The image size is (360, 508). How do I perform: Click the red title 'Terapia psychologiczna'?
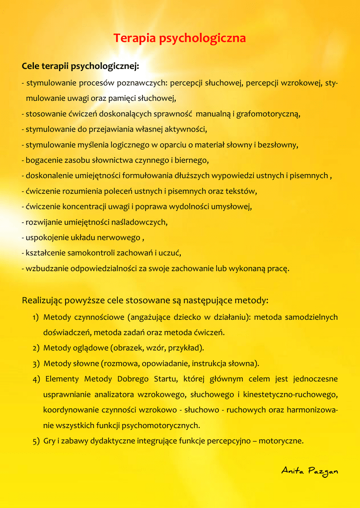pyautogui.click(x=180, y=38)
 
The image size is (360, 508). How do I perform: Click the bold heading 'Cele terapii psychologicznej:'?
pyautogui.click(x=80, y=66)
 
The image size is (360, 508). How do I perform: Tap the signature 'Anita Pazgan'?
pyautogui.click(x=309, y=470)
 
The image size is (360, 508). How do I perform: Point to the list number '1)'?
pyautogui.click(x=36, y=317)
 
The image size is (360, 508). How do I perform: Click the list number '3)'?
pyautogui.click(x=36, y=364)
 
